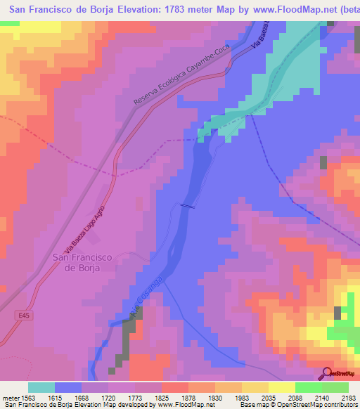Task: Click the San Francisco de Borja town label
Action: click(x=83, y=262)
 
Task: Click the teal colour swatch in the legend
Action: click(x=41, y=387)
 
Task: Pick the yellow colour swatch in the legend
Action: click(x=282, y=387)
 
